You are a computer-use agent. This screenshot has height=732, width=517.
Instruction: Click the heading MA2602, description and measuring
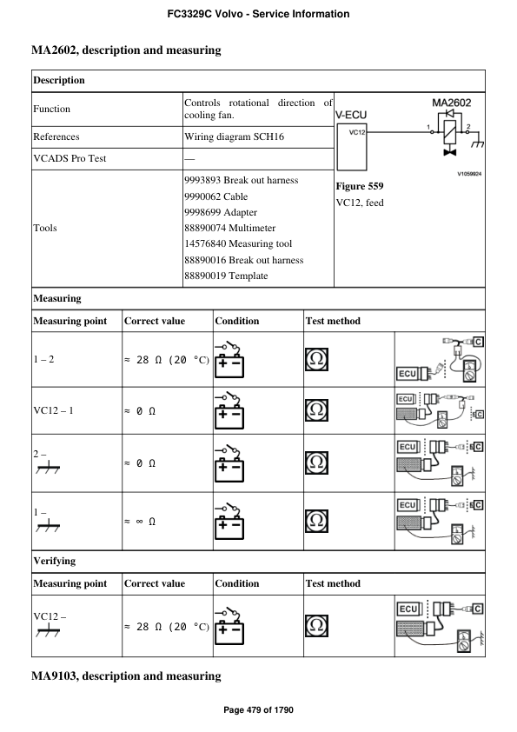(x=126, y=50)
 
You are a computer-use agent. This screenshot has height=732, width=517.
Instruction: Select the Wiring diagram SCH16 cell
(x=234, y=136)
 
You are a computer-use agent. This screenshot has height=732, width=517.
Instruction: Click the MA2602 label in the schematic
(x=452, y=103)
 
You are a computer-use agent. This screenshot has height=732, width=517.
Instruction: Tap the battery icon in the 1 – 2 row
(x=230, y=357)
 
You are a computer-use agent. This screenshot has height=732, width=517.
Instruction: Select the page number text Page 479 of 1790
(x=258, y=710)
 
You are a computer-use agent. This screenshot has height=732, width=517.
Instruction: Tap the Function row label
(x=52, y=110)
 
